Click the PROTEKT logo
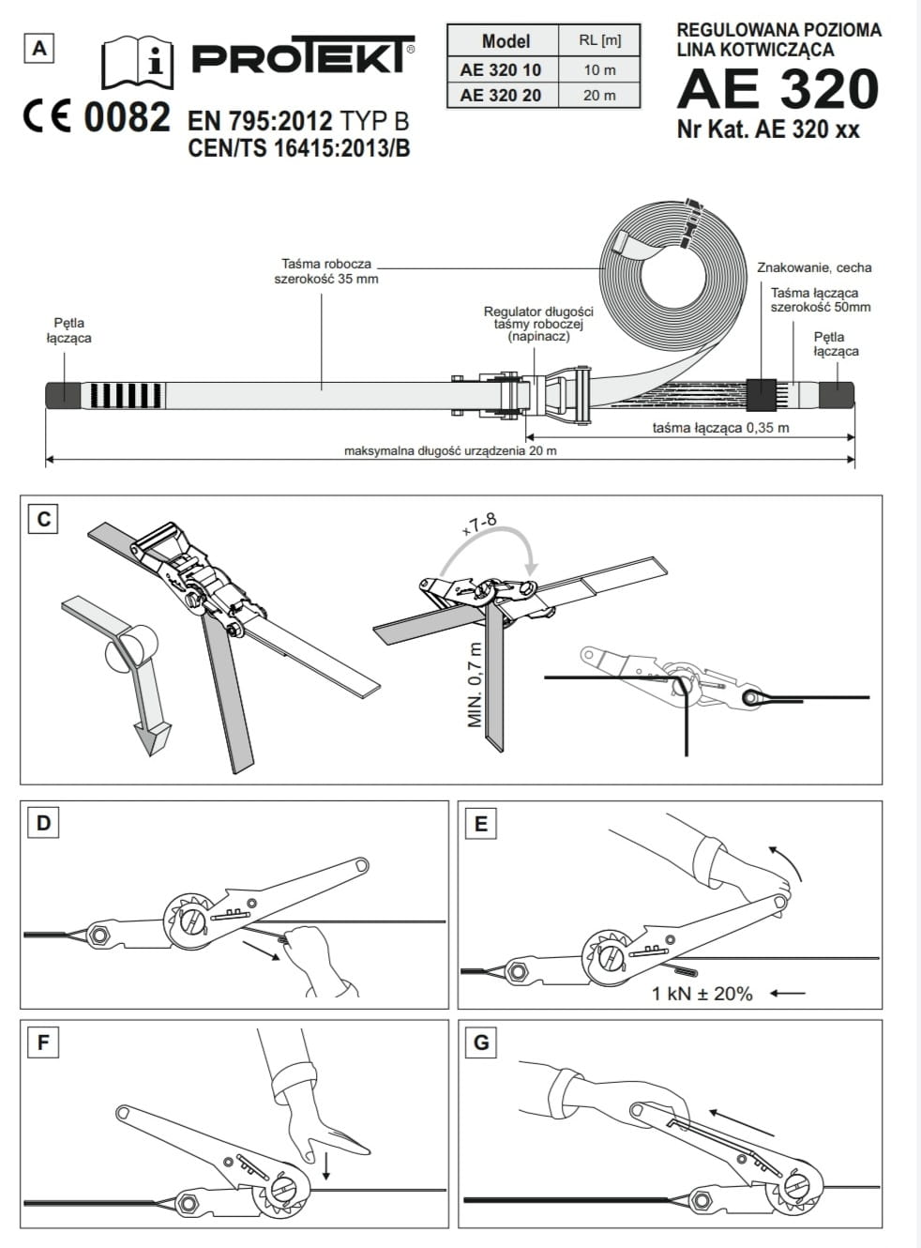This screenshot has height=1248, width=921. coord(302,56)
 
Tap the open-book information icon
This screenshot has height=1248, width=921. coord(137,62)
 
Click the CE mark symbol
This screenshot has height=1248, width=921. coord(47,118)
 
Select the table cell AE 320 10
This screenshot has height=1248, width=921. coord(500,69)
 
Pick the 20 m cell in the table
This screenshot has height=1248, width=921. coord(599,95)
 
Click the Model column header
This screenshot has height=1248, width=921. coord(505,41)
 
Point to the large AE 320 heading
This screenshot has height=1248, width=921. coord(778,89)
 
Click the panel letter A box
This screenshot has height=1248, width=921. coord(39,48)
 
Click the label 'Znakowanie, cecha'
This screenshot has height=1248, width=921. coord(814,267)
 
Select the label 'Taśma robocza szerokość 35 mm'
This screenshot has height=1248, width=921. coord(326,271)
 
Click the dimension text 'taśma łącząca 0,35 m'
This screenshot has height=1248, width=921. coord(720,428)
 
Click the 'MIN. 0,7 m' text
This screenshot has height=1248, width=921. coord(475,685)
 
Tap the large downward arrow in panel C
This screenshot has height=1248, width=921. coord(147,737)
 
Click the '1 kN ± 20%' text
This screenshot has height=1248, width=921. coord(702,993)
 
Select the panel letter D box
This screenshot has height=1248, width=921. coord(43,824)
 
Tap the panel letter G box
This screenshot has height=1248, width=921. coord(481,1043)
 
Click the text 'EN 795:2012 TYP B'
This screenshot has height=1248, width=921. coord(298,121)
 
